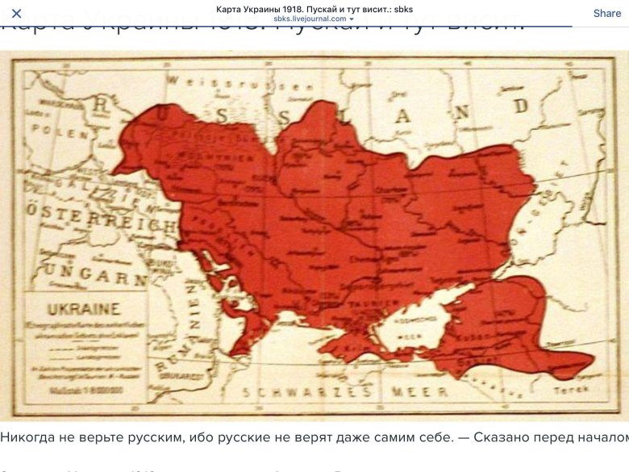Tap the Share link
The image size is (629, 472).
click(x=606, y=13)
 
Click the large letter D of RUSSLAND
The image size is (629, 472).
click(x=521, y=106)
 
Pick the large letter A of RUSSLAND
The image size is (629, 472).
click(x=402, y=115)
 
